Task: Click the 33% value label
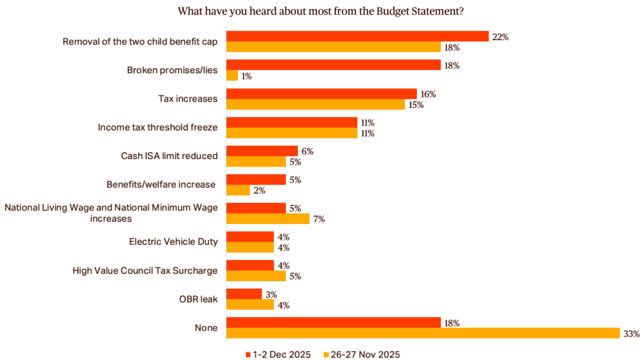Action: (x=631, y=334)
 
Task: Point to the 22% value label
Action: (x=500, y=37)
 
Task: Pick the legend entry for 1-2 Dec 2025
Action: (x=278, y=354)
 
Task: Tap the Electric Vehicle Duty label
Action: (x=173, y=242)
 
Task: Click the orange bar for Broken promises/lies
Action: (x=232, y=76)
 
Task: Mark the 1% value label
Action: (x=247, y=76)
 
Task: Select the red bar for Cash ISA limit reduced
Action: (x=262, y=151)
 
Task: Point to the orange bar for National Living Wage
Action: (x=267, y=219)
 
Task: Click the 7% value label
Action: (x=319, y=219)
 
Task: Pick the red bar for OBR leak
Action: (x=244, y=294)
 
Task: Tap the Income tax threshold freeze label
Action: (x=157, y=127)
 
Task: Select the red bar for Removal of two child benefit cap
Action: (x=357, y=36)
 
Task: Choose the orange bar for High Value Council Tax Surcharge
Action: (x=255, y=276)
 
